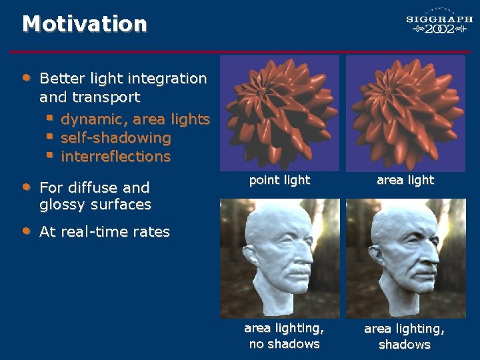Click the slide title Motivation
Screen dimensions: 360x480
click(x=85, y=24)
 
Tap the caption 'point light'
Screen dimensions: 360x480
click(x=279, y=179)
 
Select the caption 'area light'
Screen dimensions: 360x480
click(x=405, y=179)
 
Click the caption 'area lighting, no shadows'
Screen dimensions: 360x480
click(x=284, y=336)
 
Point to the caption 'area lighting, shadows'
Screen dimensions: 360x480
click(x=404, y=337)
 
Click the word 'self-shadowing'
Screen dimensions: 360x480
click(x=115, y=138)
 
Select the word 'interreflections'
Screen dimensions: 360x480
click(x=115, y=157)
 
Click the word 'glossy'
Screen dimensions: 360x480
click(x=60, y=205)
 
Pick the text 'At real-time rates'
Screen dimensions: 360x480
click(x=105, y=232)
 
